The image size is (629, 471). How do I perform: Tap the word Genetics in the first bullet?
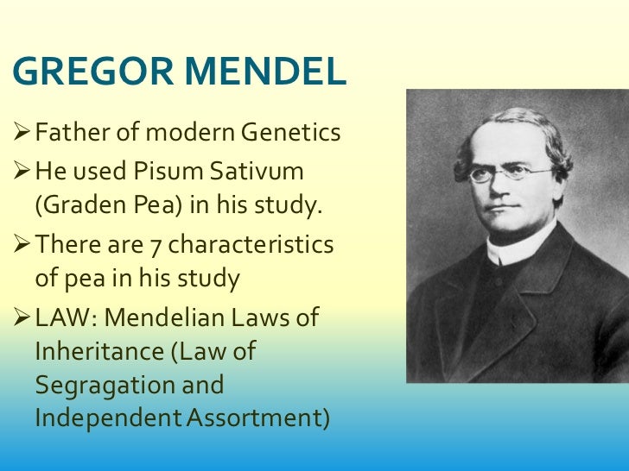290,134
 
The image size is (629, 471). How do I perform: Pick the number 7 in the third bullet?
156,245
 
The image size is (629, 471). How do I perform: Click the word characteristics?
251,245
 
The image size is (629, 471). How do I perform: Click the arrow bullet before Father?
22,134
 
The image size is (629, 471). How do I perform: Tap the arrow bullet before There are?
22,245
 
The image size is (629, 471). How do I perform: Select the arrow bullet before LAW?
22,317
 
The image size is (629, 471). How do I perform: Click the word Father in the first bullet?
70,134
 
